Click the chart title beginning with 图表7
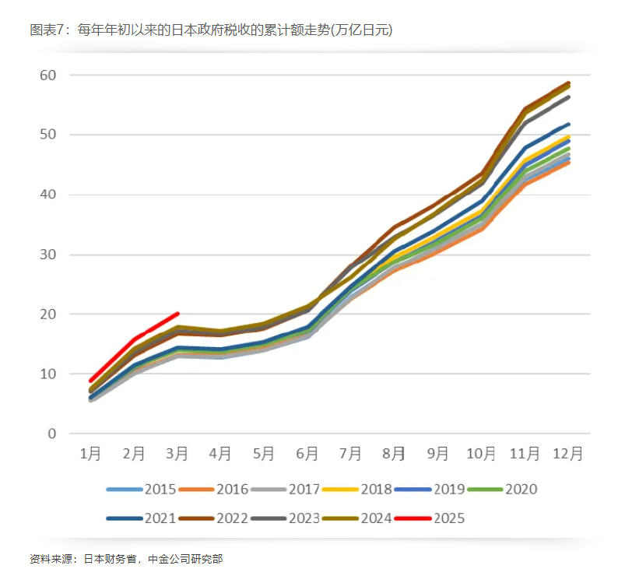[x=211, y=30]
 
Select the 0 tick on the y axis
[x=52, y=434]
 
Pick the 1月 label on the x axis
[x=91, y=453]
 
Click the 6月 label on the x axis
[x=307, y=453]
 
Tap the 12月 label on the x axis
[x=567, y=453]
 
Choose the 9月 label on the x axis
[x=437, y=453]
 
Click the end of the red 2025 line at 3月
[x=178, y=313]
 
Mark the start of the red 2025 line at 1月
[x=91, y=381]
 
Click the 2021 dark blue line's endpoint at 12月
[x=568, y=125]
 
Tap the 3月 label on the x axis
[x=177, y=453]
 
